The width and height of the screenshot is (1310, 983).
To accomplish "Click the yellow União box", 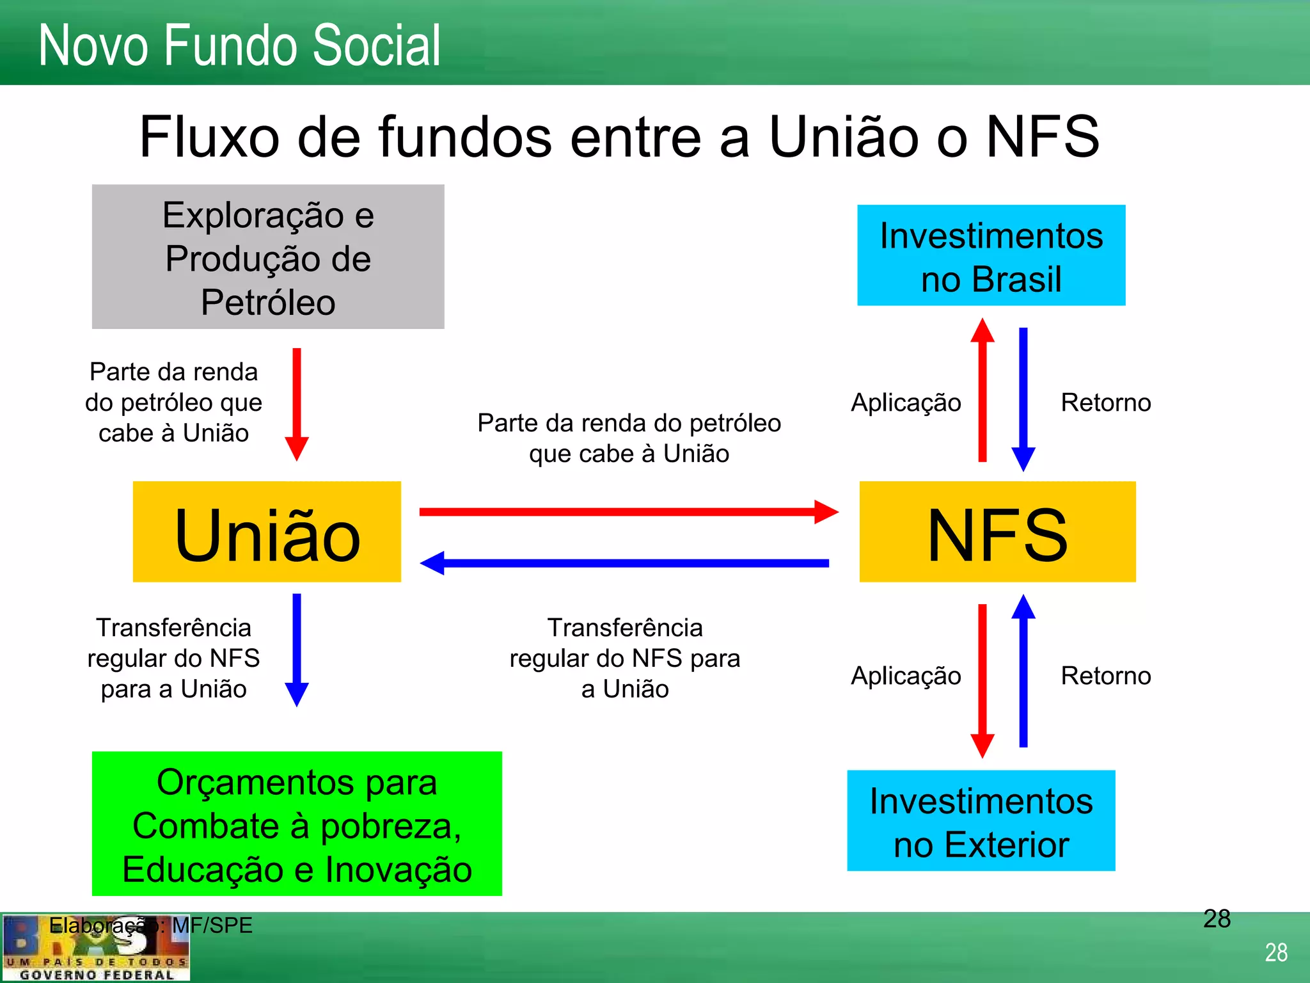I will point(267,532).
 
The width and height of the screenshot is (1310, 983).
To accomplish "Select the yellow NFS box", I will point(997,532).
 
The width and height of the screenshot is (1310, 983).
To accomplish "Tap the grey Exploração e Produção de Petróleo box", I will point(268,257).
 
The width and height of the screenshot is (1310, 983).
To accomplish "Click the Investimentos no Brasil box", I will point(991,255).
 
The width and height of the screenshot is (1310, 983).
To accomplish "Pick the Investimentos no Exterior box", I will point(981,820).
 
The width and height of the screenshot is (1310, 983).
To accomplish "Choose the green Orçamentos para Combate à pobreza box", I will point(297,824).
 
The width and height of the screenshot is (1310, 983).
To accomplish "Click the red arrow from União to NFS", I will point(627,512).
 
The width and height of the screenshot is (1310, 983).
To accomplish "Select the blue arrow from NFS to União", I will point(627,563).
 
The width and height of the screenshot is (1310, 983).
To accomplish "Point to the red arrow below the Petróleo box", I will point(297,403).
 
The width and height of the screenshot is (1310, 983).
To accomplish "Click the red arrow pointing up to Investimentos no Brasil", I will point(982,390).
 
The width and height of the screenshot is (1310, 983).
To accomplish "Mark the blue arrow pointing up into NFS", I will point(1023,672).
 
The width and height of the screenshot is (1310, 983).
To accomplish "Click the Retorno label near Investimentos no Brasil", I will point(1105,403).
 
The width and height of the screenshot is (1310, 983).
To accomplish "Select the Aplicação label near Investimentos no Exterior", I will point(906,676).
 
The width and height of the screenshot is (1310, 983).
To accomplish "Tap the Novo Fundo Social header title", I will point(240,45).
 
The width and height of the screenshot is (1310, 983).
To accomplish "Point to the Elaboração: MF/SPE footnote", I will point(151,925).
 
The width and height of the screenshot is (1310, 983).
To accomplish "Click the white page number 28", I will point(1276,953).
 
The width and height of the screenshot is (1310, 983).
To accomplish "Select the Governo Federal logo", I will point(96,948).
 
